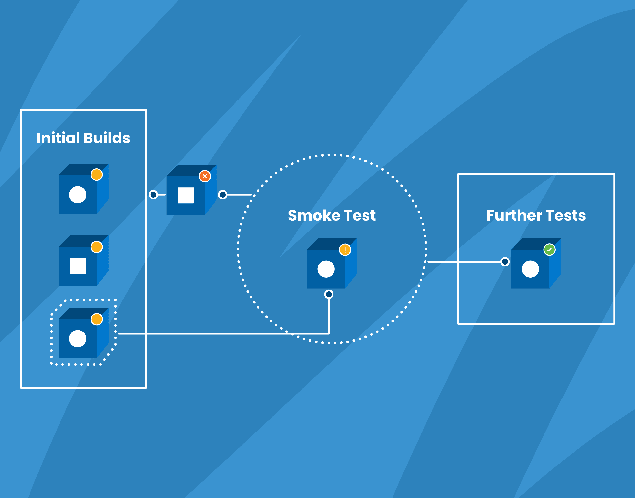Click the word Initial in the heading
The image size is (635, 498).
point(58,138)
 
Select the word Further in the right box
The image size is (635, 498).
point(514,216)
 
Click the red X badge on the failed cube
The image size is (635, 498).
point(205,176)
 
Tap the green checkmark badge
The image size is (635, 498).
point(549,250)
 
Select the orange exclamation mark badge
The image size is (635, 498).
point(345,250)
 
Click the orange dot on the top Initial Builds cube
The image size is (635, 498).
point(97,175)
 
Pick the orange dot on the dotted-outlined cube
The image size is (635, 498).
point(97,319)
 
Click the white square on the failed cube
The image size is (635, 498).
point(186,195)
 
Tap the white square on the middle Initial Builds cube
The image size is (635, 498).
point(78,266)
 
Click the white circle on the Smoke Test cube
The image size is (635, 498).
point(326,269)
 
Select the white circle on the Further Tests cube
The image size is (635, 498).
point(530,269)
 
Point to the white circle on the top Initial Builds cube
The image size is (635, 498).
point(77,195)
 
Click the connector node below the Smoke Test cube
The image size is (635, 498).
point(329,294)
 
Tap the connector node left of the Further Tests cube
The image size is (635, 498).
point(505,262)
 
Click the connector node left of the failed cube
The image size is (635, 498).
point(153,195)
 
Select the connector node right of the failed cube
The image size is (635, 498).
point(223,195)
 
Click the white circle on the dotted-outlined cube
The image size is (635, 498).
point(77,339)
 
